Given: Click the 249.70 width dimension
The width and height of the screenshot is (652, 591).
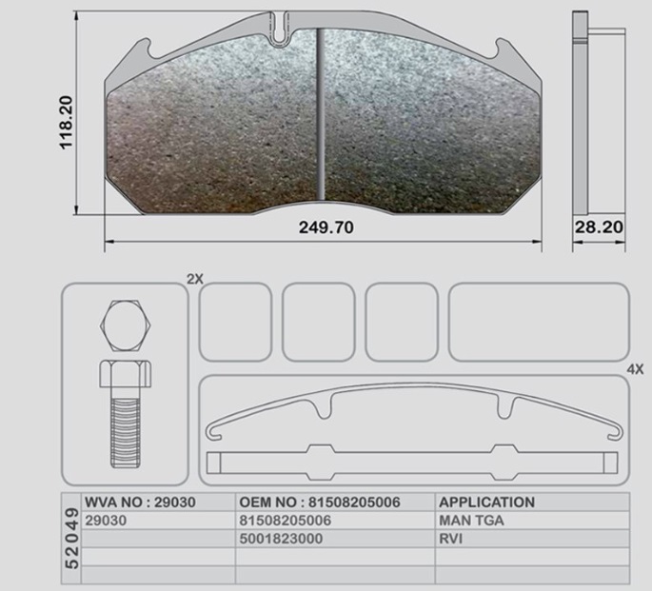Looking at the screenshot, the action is pos(326,227).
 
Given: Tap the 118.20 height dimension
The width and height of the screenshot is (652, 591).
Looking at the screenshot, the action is pos(66,123).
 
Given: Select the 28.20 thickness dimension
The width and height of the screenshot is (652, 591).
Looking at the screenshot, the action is pos(599,227).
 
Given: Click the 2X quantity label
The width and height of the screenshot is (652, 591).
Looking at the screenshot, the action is pos(194,279).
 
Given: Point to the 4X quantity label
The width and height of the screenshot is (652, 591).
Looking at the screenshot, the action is pos(635,369).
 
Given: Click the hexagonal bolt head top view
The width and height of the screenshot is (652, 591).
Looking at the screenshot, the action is pos(125,326).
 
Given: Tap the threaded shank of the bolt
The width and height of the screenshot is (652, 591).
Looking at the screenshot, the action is pos(125,432).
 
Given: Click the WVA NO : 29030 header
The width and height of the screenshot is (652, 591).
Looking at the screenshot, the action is pos(140,502).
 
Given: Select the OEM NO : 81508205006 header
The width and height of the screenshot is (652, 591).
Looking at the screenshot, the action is pos(320,502).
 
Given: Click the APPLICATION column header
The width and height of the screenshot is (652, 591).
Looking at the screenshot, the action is pos(487,502).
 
